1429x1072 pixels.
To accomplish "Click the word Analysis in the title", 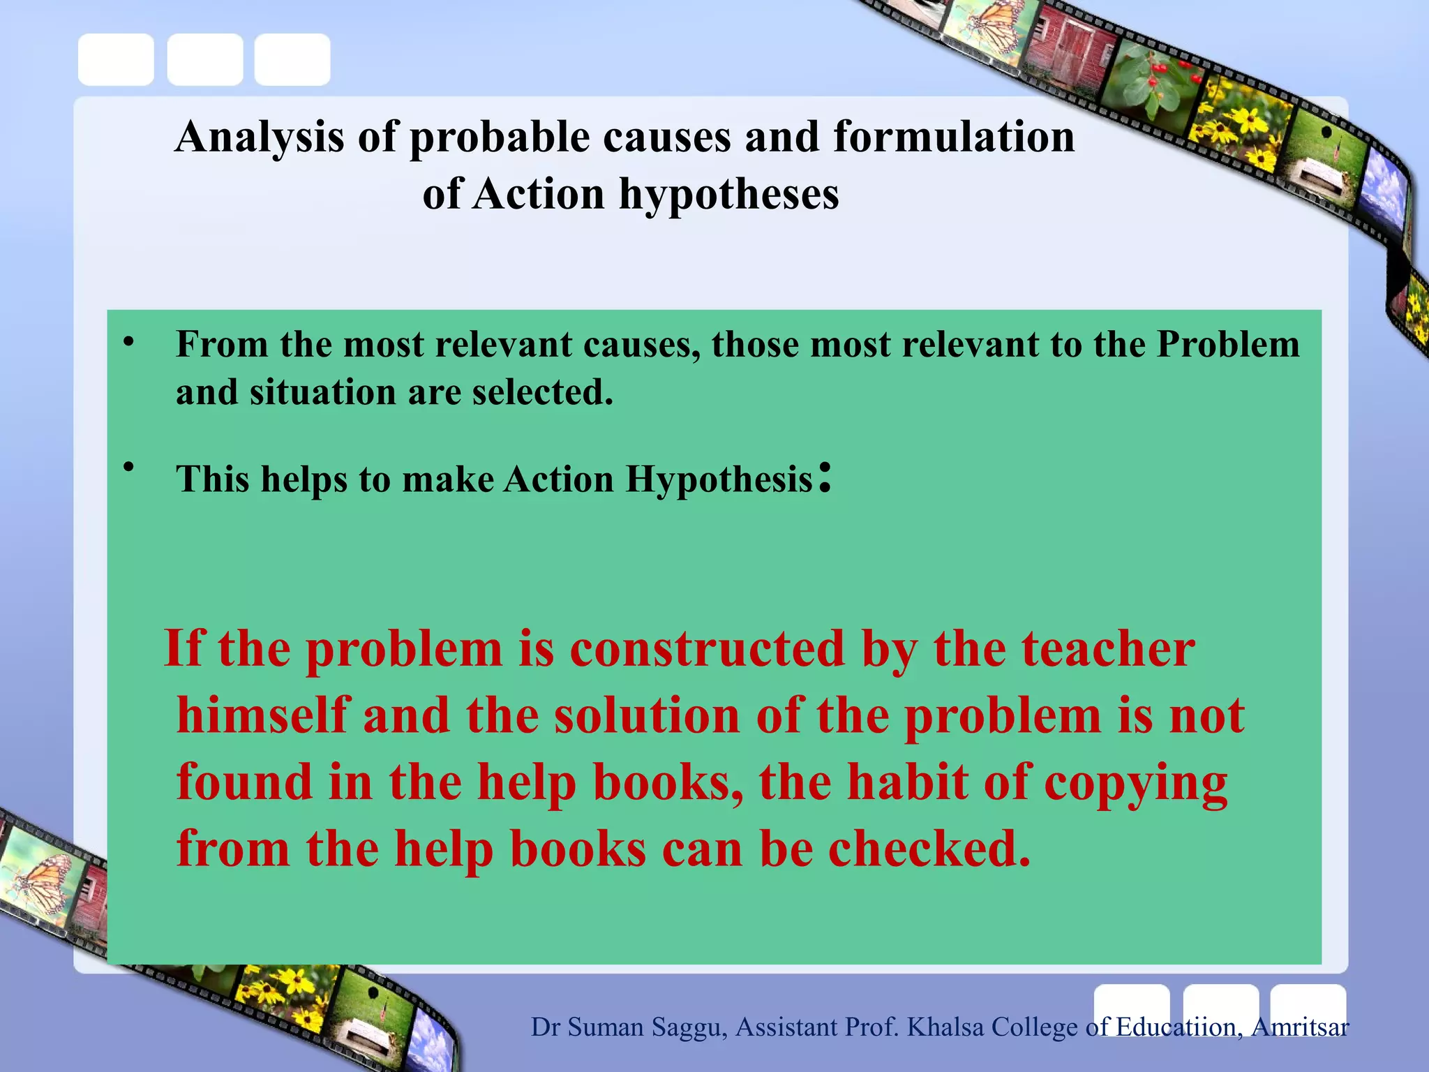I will (x=260, y=137).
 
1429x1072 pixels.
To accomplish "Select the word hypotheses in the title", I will (x=729, y=194).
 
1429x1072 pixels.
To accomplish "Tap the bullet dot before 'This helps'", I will (x=128, y=466).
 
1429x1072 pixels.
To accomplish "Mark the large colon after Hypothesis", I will (x=825, y=478).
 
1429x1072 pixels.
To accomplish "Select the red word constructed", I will (x=708, y=648).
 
